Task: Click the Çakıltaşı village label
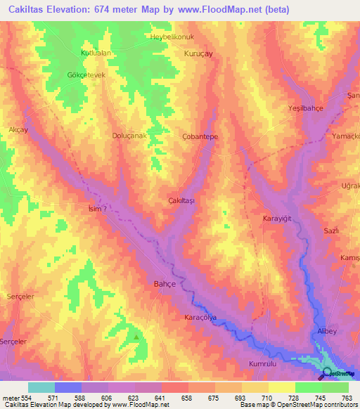pos(181,200)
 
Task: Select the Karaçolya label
pos(200,316)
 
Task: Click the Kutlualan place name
pos(96,53)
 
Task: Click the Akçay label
pos(18,130)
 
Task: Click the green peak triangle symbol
pos(136,337)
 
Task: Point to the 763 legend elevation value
pos(347,398)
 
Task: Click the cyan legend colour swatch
pos(41,387)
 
